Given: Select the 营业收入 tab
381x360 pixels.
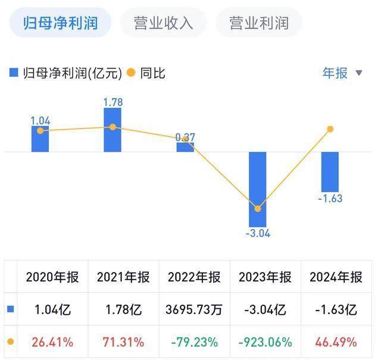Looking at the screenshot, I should [x=164, y=23].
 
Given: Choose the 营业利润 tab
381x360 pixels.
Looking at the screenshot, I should [x=259, y=23].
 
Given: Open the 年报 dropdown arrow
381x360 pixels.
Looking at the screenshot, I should [x=359, y=73].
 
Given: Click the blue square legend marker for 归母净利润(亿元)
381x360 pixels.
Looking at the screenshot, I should [x=14, y=73].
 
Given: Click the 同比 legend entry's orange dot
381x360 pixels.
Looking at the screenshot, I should [x=131, y=73].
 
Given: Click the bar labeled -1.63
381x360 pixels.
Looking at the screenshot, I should [x=330, y=171].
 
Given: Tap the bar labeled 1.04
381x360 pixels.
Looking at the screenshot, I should [x=40, y=139].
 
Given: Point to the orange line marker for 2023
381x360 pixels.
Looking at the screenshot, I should [x=258, y=209].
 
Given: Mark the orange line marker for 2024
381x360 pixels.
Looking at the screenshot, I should [x=330, y=129].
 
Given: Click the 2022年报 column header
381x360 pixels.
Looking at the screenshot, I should [x=194, y=277].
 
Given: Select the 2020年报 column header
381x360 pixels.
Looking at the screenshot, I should [x=52, y=277].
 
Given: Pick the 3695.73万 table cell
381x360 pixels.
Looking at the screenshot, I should [x=194, y=310].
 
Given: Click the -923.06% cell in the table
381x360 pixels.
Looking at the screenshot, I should [x=265, y=342].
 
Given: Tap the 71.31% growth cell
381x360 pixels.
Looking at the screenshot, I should [x=123, y=342].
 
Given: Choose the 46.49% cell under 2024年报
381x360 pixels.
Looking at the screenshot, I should [x=336, y=342].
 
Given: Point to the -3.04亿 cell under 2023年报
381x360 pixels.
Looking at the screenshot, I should [x=265, y=310].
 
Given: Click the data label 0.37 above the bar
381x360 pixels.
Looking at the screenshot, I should [x=185, y=137].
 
